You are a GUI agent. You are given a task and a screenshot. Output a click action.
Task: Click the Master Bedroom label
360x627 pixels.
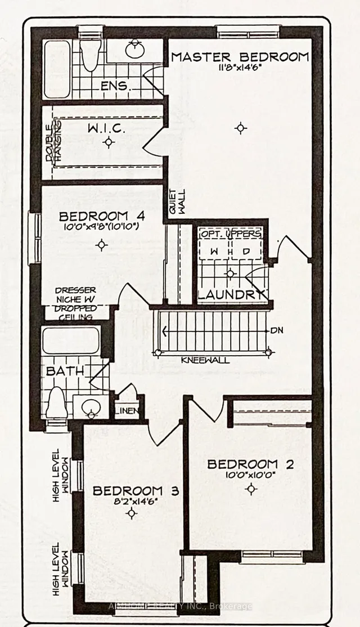point(240,57)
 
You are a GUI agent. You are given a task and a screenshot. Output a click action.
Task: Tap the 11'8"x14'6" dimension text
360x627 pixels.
point(240,69)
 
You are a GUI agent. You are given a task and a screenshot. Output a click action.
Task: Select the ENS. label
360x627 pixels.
point(115,87)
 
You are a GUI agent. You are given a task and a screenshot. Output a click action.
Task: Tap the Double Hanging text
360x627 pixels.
point(52,144)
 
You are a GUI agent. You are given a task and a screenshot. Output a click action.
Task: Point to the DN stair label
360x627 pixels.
point(276,330)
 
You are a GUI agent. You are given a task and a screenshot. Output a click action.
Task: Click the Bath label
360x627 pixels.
point(65,371)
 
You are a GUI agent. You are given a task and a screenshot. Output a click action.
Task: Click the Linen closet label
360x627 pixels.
point(129,411)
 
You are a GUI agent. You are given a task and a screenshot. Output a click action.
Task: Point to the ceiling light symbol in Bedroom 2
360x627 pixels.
point(251,489)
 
